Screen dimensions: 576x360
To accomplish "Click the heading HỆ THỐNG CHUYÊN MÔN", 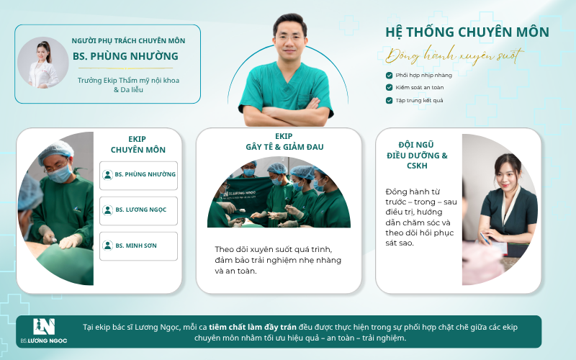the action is pyautogui.click(x=467, y=32).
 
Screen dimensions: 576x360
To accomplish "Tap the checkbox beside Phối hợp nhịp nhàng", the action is pyautogui.click(x=389, y=76).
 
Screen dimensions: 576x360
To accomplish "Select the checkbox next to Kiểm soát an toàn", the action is pyautogui.click(x=389, y=87).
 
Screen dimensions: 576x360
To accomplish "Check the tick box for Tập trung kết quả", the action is pyautogui.click(x=389, y=100).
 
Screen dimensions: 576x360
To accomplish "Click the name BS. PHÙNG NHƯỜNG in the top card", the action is pyautogui.click(x=125, y=56).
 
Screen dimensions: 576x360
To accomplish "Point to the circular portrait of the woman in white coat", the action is pyautogui.click(x=43, y=63).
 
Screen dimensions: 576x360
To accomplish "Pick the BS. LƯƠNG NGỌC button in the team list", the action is pyautogui.click(x=138, y=210).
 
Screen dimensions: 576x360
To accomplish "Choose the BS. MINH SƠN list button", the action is pyautogui.click(x=138, y=246).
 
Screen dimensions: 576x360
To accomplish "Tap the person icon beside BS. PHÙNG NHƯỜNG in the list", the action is pyautogui.click(x=107, y=175).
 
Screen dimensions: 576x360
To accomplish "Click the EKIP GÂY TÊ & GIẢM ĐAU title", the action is pyautogui.click(x=284, y=141).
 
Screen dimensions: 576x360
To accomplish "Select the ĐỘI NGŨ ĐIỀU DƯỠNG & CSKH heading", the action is pyautogui.click(x=417, y=155).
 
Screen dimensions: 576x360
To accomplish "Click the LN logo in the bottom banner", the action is pyautogui.click(x=44, y=327).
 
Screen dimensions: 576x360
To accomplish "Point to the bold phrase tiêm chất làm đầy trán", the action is pyautogui.click(x=253, y=327).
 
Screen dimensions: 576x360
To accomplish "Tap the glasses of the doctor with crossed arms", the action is pyautogui.click(x=290, y=38).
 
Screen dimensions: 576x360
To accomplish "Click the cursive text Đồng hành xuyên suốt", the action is pyautogui.click(x=454, y=55).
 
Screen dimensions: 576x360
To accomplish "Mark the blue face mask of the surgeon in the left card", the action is pyautogui.click(x=60, y=174).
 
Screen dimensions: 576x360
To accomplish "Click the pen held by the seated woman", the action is pyautogui.click(x=485, y=238).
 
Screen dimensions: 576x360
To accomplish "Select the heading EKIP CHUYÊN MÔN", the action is pyautogui.click(x=138, y=145).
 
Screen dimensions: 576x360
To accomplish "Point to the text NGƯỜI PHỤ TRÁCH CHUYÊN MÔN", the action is pyautogui.click(x=128, y=41).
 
